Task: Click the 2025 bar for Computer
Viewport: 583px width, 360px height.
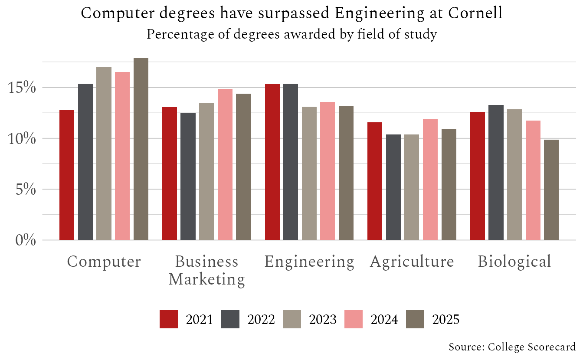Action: point(141,149)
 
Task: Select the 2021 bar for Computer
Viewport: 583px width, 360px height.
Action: point(67,175)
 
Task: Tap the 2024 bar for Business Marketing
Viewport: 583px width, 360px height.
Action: point(225,164)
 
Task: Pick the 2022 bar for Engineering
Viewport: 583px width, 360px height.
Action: point(291,162)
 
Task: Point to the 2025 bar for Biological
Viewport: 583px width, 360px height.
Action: point(551,190)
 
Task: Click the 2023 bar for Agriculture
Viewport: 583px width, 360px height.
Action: point(412,187)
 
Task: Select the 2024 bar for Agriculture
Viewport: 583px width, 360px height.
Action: point(430,180)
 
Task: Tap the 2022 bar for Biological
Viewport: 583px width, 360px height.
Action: point(496,172)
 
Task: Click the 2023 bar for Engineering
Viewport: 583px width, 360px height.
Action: point(309,173)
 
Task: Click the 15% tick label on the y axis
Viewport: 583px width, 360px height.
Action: point(22,88)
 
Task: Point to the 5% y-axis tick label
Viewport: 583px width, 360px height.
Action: point(26,189)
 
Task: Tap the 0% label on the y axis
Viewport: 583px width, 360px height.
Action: point(26,240)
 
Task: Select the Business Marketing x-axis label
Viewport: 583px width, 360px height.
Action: point(206,271)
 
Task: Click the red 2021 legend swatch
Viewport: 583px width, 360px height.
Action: point(169,319)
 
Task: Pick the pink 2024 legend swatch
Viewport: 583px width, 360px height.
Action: point(353,319)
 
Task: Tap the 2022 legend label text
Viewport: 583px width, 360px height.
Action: point(261,319)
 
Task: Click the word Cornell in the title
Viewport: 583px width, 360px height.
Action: point(475,13)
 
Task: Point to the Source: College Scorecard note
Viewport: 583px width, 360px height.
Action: point(512,347)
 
